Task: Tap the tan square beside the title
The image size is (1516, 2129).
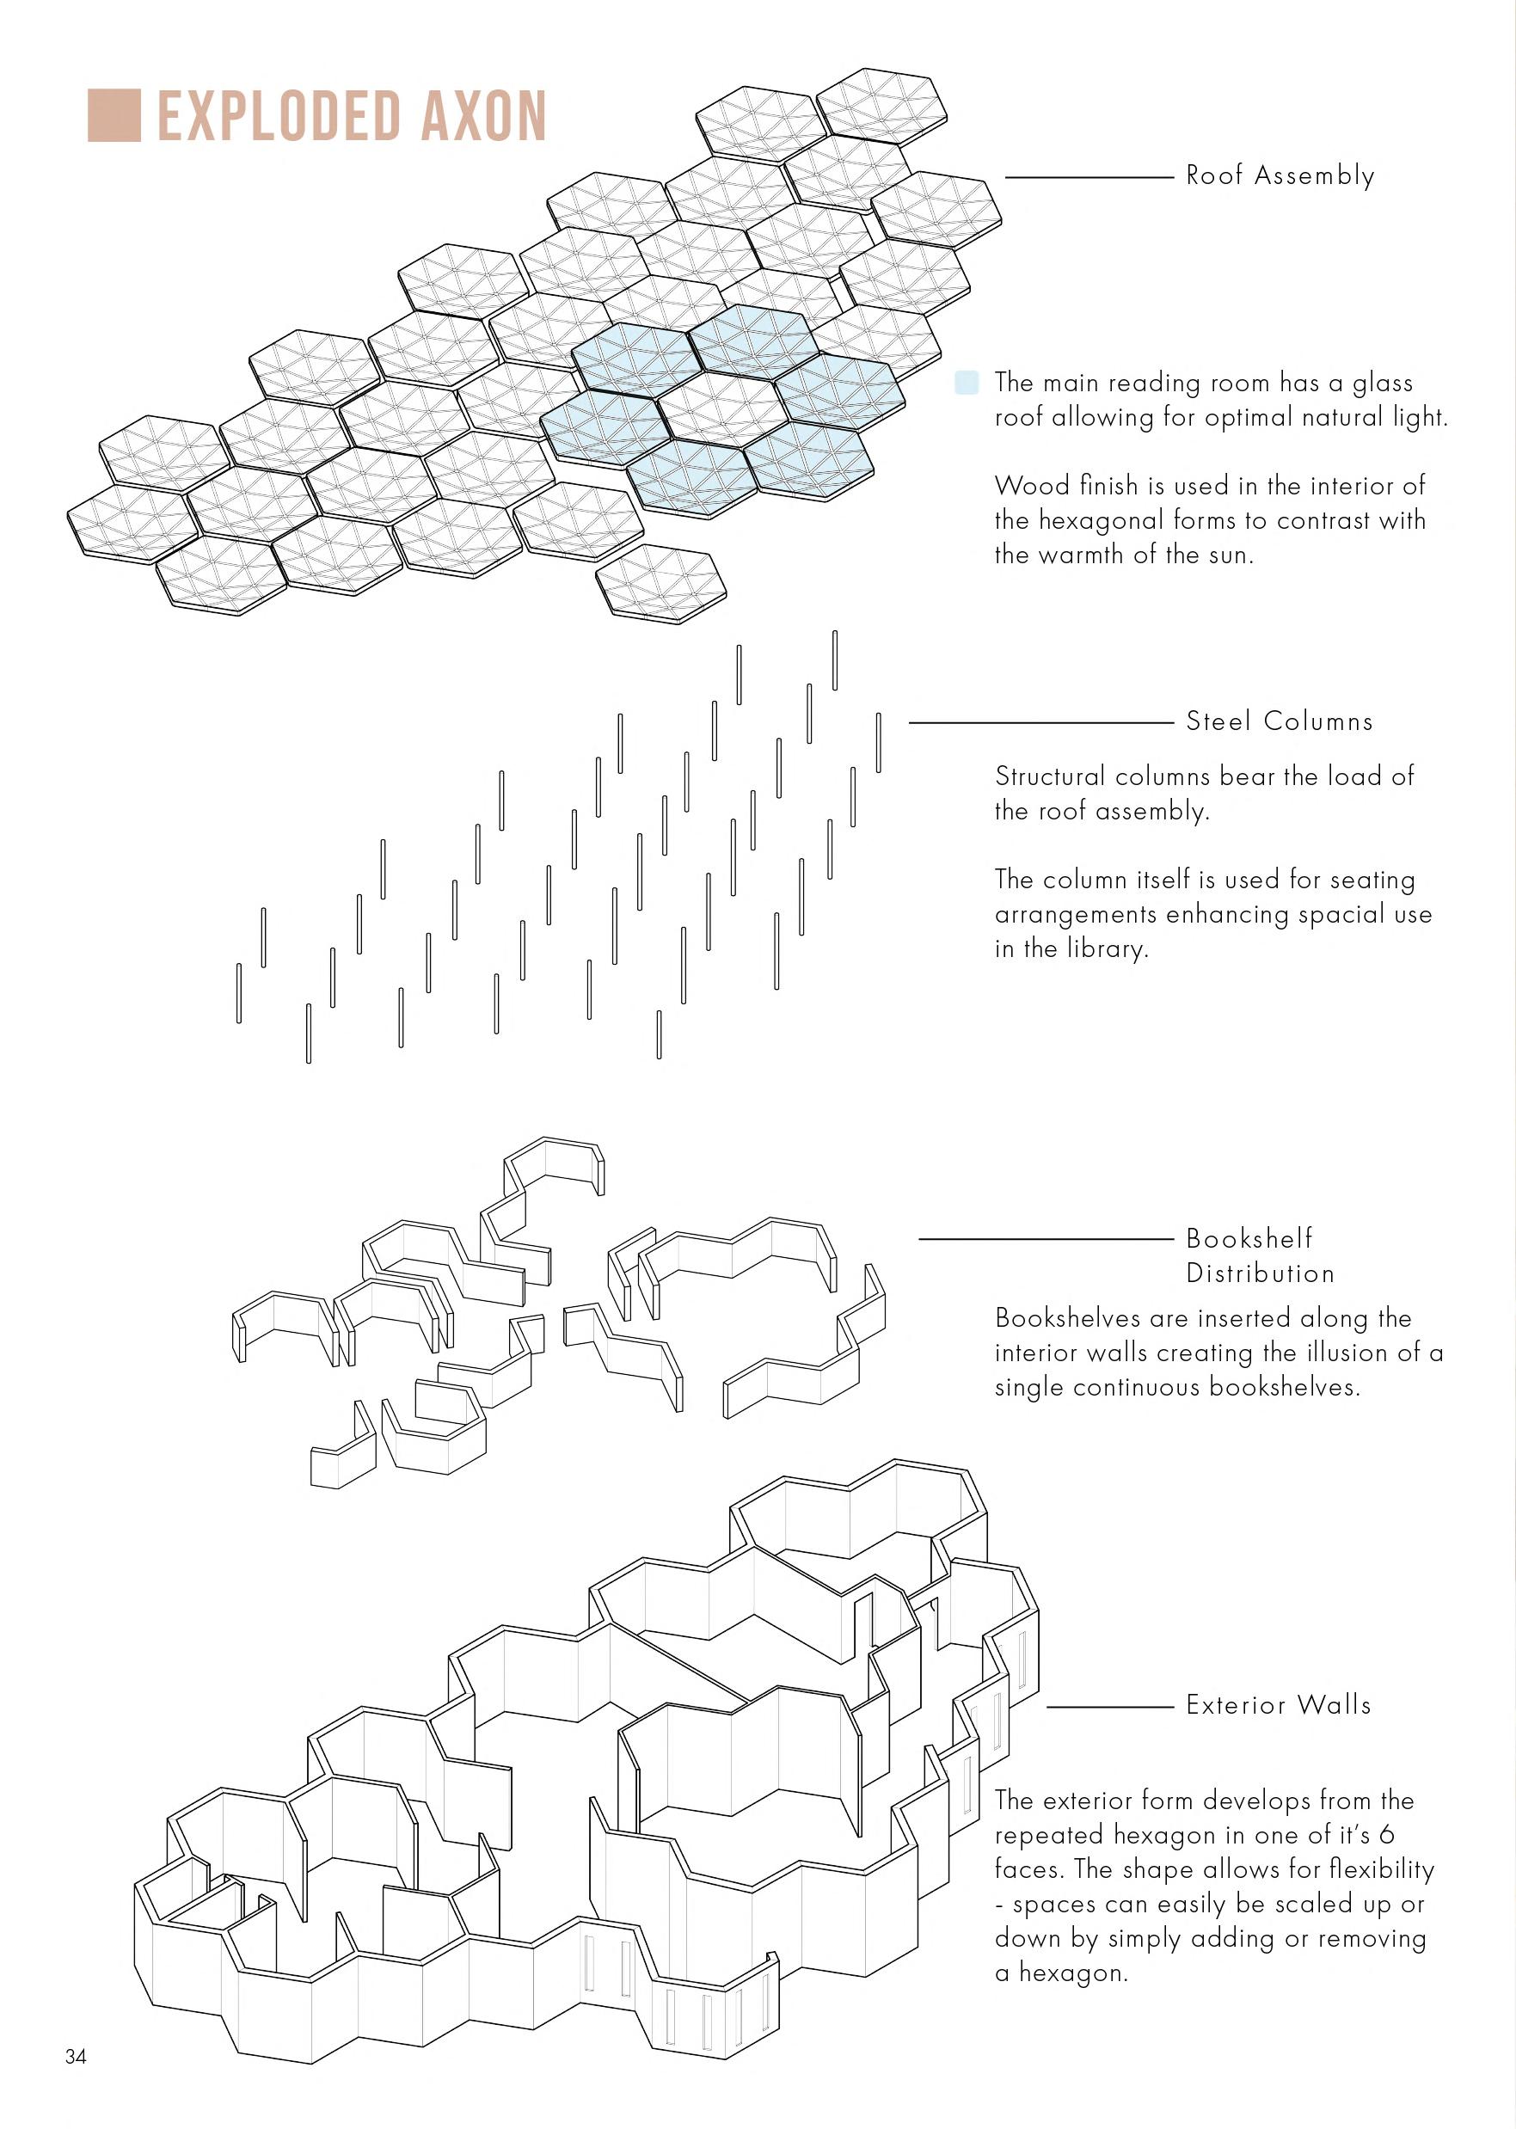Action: [114, 116]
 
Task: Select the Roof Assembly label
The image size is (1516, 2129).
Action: [1280, 175]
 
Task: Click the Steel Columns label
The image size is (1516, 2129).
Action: [1279, 721]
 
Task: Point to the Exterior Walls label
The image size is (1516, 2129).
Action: [1278, 1704]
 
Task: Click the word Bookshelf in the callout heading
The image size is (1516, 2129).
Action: [1248, 1238]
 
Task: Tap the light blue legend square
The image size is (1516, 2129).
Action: [967, 382]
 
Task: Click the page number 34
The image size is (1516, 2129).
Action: [76, 2056]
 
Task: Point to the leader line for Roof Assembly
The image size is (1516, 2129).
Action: [1088, 176]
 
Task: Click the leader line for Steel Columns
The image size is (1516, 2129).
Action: [1040, 722]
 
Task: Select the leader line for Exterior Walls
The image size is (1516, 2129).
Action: [1109, 1706]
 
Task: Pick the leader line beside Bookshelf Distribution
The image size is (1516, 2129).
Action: [1046, 1240]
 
